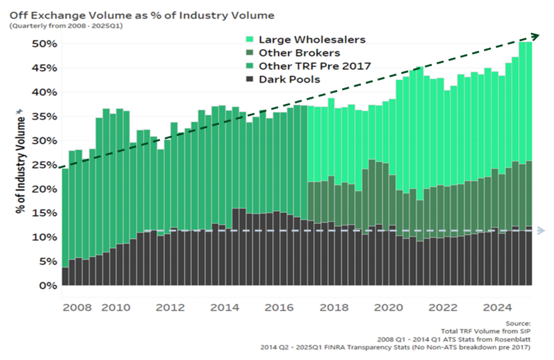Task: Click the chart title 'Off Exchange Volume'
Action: pos(70,16)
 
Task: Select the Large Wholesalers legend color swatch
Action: pos(249,39)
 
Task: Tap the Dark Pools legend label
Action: pos(289,79)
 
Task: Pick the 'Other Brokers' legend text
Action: pos(299,53)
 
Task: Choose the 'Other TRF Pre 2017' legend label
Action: pos(315,66)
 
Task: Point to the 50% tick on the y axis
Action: pos(44,44)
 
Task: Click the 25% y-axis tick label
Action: pos(44,165)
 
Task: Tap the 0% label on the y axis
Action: pos(48,285)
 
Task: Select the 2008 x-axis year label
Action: pos(77,308)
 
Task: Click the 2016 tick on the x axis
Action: pos(279,308)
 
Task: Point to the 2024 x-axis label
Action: pos(497,308)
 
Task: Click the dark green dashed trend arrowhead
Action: pos(536,36)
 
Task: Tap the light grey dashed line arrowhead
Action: pos(541,231)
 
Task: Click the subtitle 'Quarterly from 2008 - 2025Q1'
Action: pos(66,26)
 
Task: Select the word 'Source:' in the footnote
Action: pos(518,323)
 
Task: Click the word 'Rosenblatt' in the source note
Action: pos(514,339)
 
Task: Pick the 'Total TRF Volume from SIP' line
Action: pos(486,331)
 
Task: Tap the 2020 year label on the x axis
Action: pos(388,308)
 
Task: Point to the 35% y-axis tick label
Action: pos(44,116)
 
